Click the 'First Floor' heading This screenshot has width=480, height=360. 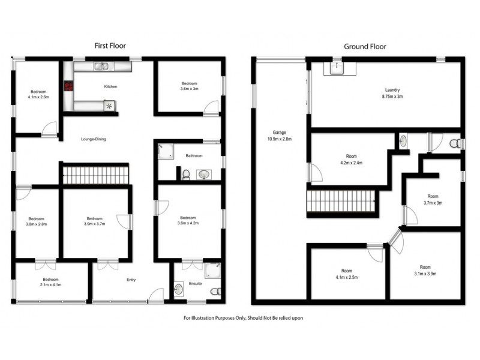(x=110, y=46)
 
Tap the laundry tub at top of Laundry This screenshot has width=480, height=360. (x=337, y=69)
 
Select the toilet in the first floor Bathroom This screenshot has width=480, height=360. (x=187, y=175)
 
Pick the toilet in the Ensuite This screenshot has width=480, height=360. (x=215, y=292)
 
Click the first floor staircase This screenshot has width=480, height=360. (x=96, y=176)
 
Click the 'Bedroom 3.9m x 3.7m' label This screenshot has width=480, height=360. (x=95, y=221)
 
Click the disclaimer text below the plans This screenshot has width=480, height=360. (x=243, y=318)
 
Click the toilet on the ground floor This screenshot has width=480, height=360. (x=456, y=143)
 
